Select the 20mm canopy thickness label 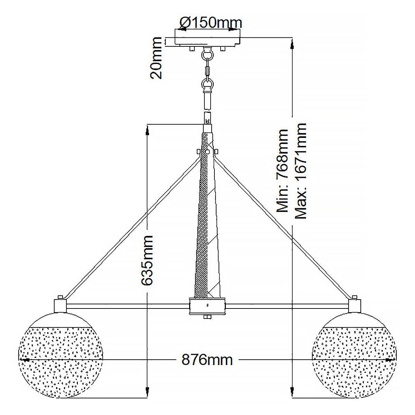pos(156,58)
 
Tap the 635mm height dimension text pos(147,260)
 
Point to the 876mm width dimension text pos(207,360)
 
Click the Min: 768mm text pos(282,171)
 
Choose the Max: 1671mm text pos(301,171)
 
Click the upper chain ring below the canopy pos(207,55)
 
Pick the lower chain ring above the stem pos(207,84)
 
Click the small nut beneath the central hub pos(207,317)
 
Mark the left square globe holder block pos(60,306)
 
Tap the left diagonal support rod pos(133,228)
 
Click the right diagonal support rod pos(282,228)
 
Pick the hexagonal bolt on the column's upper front pos(207,151)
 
